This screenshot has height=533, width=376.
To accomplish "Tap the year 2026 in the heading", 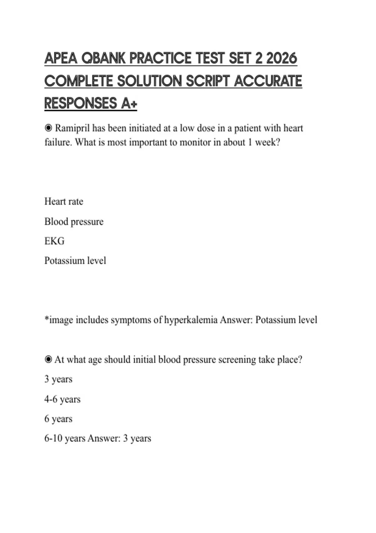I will pyautogui.click(x=281, y=58).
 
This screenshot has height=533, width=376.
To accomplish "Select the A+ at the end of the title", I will pyautogui.click(x=129, y=103).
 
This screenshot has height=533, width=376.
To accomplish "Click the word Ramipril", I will pyautogui.click(x=72, y=128).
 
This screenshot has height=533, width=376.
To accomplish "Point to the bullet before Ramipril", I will pyautogui.click(x=48, y=128).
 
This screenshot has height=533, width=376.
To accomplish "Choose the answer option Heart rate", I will pyautogui.click(x=64, y=201).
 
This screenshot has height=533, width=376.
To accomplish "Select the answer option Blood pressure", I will pyautogui.click(x=74, y=222).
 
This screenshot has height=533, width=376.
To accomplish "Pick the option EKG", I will pyautogui.click(x=54, y=241).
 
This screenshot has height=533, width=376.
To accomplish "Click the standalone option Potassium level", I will pyautogui.click(x=75, y=261).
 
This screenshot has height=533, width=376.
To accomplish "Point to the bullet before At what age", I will pyautogui.click(x=48, y=359).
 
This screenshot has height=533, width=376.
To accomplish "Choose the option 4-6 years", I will pyautogui.click(x=62, y=399).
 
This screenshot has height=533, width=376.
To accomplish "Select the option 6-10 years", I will pyautogui.click(x=65, y=438).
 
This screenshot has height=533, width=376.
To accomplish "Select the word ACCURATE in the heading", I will pyautogui.click(x=268, y=81).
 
